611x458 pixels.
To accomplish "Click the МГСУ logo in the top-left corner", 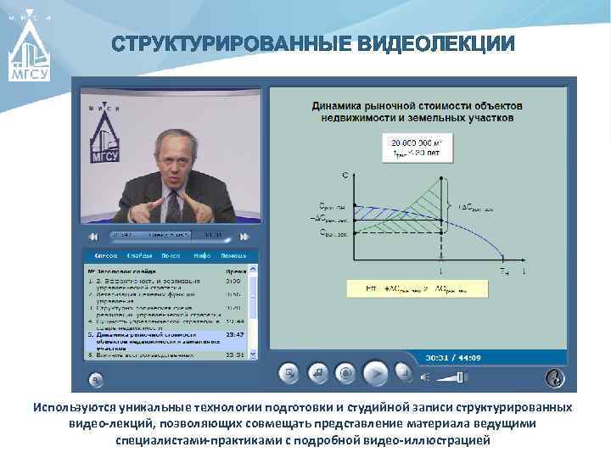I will point(30,51).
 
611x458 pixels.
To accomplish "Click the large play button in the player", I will point(375,372).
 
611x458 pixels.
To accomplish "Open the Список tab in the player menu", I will point(105,255).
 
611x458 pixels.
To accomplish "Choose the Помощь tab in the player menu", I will point(233,255).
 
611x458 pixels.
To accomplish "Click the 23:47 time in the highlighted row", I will point(235,334).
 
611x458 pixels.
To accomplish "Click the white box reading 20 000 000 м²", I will point(419,148).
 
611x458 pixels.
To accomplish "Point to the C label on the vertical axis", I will point(345,176).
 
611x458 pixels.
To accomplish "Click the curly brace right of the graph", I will point(449,205).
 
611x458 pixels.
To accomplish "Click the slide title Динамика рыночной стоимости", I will point(417,111).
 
